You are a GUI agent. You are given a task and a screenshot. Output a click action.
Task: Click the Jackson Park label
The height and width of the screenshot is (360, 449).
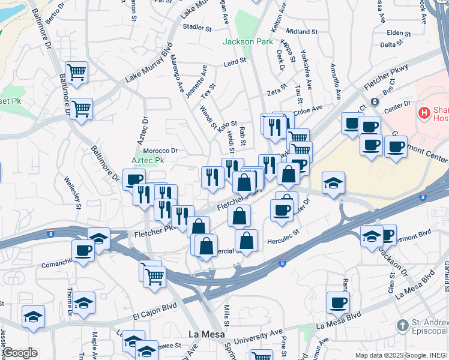[x=247, y=41]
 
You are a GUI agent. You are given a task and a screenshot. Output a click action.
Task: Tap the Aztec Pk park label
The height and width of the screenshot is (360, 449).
[x=148, y=161]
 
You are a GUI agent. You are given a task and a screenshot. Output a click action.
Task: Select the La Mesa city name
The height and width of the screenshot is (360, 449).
[x=206, y=334]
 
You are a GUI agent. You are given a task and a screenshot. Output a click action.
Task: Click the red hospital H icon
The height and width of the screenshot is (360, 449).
[x=425, y=112]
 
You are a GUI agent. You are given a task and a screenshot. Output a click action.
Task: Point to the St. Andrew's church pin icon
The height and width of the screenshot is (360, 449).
[x=403, y=325]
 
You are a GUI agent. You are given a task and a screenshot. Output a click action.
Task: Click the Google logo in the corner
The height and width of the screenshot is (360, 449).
[x=19, y=353]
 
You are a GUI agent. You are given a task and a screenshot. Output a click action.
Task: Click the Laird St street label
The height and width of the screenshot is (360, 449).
[x=235, y=61]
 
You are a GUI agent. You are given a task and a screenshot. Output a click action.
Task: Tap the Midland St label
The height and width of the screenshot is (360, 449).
[x=302, y=31]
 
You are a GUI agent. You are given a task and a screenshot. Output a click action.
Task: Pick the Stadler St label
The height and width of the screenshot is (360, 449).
[x=197, y=28]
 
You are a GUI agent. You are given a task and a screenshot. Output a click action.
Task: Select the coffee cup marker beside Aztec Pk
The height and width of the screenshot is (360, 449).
[x=134, y=179]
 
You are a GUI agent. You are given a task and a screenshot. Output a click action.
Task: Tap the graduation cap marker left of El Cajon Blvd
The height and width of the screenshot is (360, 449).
[x=33, y=316]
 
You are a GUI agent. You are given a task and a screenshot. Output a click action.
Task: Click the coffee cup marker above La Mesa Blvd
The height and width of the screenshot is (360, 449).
[x=338, y=302]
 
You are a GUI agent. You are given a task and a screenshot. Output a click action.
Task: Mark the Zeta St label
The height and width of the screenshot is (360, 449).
[x=277, y=91]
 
